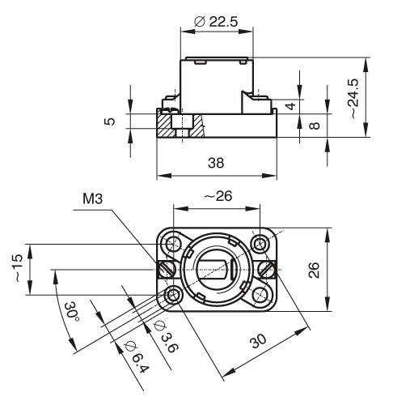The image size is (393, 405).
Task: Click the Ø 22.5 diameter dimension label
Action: pyautogui.click(x=216, y=22)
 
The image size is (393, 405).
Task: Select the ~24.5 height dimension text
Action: pyautogui.click(x=353, y=99)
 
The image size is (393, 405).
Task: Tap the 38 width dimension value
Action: pyautogui.click(x=216, y=163)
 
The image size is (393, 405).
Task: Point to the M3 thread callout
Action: pyautogui.click(x=93, y=199)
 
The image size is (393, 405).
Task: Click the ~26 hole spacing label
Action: pyautogui.click(x=218, y=196)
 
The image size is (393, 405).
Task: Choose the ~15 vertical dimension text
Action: pyautogui.click(x=18, y=268)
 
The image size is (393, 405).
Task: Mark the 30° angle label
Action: pyautogui.click(x=70, y=312)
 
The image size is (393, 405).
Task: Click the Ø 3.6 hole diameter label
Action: pyautogui.click(x=166, y=336)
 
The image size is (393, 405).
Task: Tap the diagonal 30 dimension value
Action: pyautogui.click(x=258, y=341)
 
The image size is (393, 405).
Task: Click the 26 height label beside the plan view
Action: pyautogui.click(x=314, y=270)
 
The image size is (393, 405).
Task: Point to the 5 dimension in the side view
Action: pyautogui.click(x=109, y=122)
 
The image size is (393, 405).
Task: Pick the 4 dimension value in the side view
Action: pyautogui.click(x=291, y=106)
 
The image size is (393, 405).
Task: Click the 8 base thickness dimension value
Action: pyautogui.click(x=315, y=126)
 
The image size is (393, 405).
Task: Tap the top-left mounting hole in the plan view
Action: pyautogui.click(x=173, y=245)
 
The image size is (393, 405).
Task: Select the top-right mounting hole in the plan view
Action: pyautogui.click(x=260, y=244)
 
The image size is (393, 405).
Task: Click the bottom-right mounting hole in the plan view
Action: pyautogui.click(x=260, y=295)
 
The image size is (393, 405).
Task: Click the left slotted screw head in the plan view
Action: pyautogui.click(x=167, y=270)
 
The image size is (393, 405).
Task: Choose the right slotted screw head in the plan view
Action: pyautogui.click(x=267, y=270)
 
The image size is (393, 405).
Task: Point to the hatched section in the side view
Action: pyautogui.click(x=180, y=126)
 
